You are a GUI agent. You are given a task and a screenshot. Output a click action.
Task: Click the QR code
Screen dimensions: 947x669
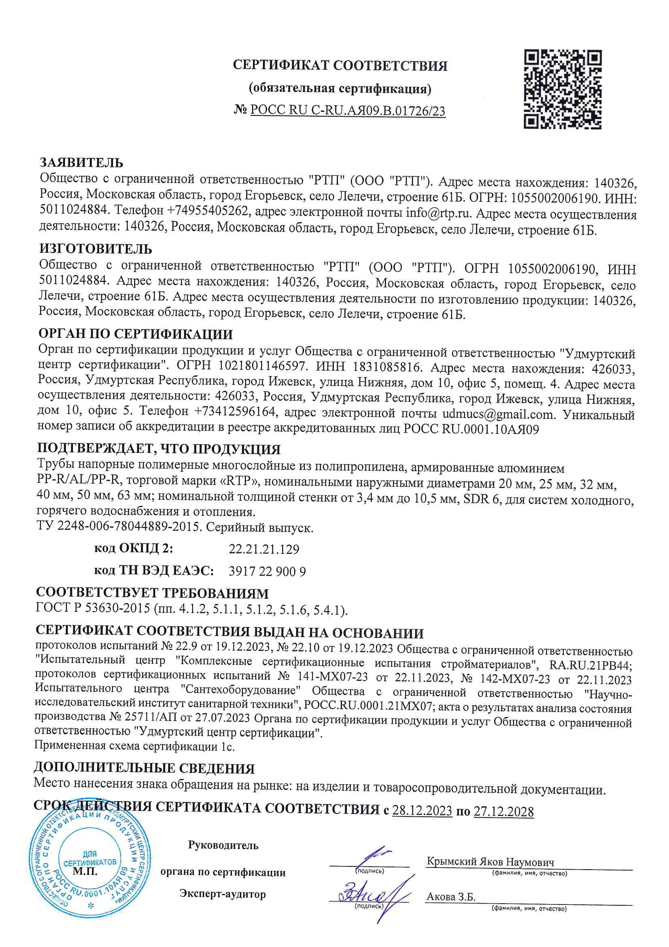[562, 89]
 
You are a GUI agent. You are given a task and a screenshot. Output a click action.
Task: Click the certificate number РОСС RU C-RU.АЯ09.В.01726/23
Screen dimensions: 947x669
[348, 111]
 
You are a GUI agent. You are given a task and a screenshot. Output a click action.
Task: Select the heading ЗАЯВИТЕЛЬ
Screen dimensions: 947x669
[81, 162]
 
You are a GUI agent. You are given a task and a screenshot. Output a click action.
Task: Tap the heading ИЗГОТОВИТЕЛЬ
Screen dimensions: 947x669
[95, 249]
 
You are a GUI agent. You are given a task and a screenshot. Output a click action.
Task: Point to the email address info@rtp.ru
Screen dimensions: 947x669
[440, 213]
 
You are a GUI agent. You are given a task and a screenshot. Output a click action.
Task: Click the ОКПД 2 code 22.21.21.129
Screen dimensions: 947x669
[264, 549]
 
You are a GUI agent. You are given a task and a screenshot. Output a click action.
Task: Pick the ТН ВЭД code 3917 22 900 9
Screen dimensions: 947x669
[267, 571]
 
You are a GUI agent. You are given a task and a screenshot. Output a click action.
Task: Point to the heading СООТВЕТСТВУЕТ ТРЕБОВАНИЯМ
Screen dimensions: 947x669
[152, 593]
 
